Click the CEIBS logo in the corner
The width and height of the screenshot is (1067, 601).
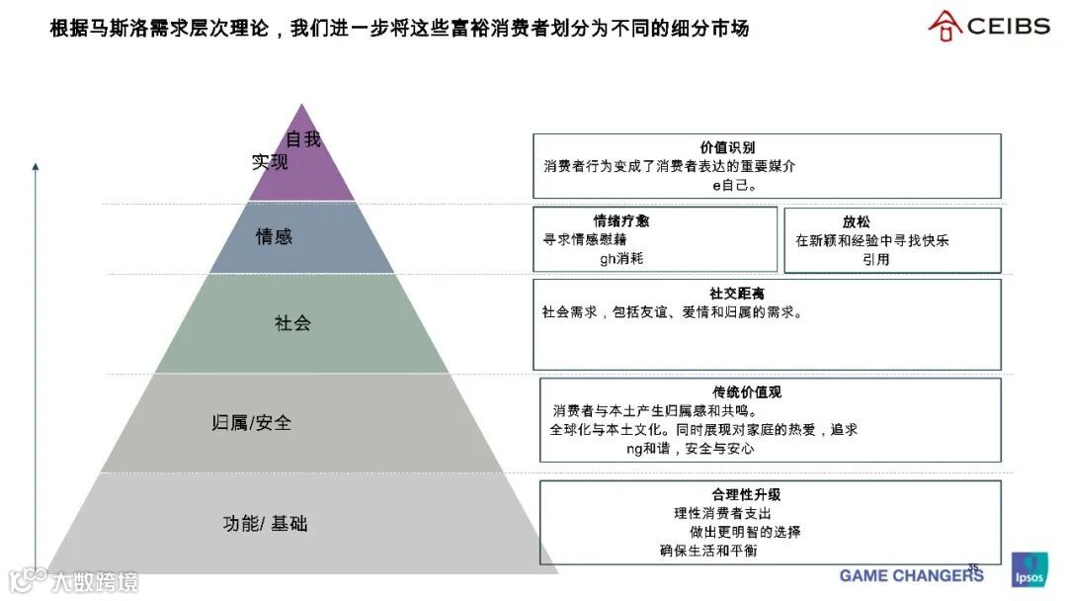[x=989, y=26]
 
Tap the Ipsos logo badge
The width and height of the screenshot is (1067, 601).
[x=1029, y=570]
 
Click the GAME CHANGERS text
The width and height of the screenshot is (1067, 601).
[x=911, y=575]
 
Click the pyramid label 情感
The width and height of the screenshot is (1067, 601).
[x=274, y=237]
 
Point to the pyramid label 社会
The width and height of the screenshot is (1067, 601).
[x=292, y=323]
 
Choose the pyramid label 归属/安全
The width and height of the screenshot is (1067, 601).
[x=252, y=423]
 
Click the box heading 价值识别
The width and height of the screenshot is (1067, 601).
[x=727, y=148]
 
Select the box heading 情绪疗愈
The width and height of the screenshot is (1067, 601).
[x=621, y=221]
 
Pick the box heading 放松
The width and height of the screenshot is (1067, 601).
[x=856, y=222]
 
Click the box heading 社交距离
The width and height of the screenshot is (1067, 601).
[x=736, y=294]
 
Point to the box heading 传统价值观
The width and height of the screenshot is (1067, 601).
[x=747, y=392]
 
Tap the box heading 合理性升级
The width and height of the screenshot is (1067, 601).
[x=746, y=494]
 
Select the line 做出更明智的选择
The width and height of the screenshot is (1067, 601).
[x=745, y=532]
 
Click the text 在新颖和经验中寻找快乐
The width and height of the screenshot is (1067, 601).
[x=872, y=240]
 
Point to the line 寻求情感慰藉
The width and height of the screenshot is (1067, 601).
[x=585, y=239]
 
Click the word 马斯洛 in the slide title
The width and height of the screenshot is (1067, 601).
[x=119, y=29]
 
